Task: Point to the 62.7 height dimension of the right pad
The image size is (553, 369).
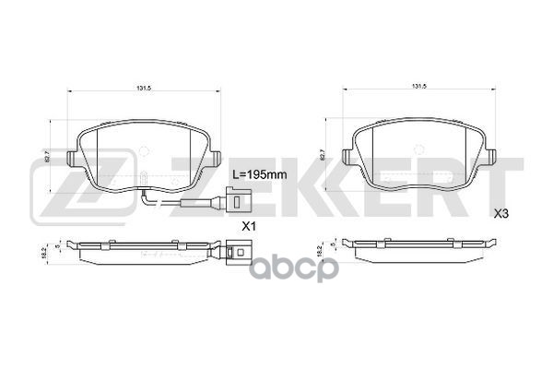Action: (323, 156)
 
